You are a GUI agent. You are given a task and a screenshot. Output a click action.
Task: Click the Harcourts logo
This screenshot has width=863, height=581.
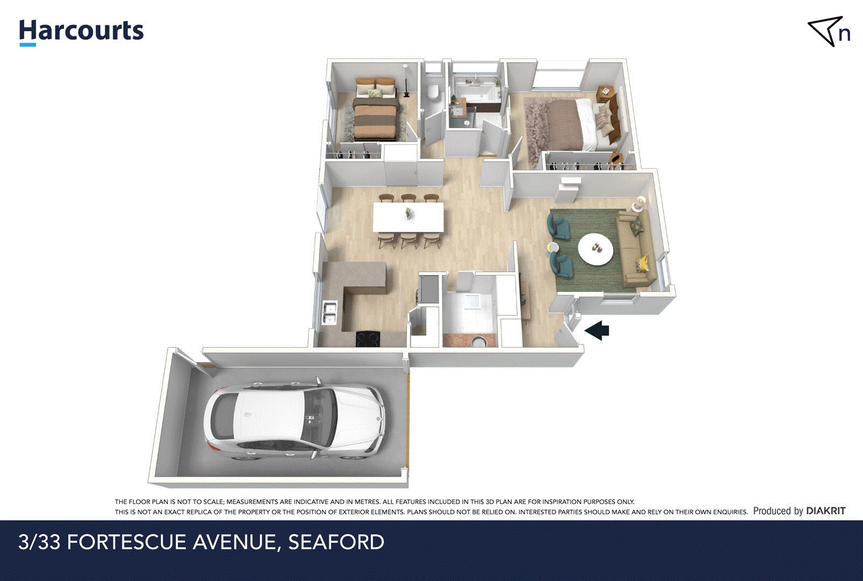coord(81,32)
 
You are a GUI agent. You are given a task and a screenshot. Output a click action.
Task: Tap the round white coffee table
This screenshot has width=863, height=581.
coord(595,249)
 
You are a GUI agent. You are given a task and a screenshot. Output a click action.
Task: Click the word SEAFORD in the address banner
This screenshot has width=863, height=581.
coord(336,542)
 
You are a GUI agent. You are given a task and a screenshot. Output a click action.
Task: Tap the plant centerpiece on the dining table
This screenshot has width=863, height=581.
coord(409,213)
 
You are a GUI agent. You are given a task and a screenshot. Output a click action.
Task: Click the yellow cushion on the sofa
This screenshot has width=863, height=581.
coord(642,263)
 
